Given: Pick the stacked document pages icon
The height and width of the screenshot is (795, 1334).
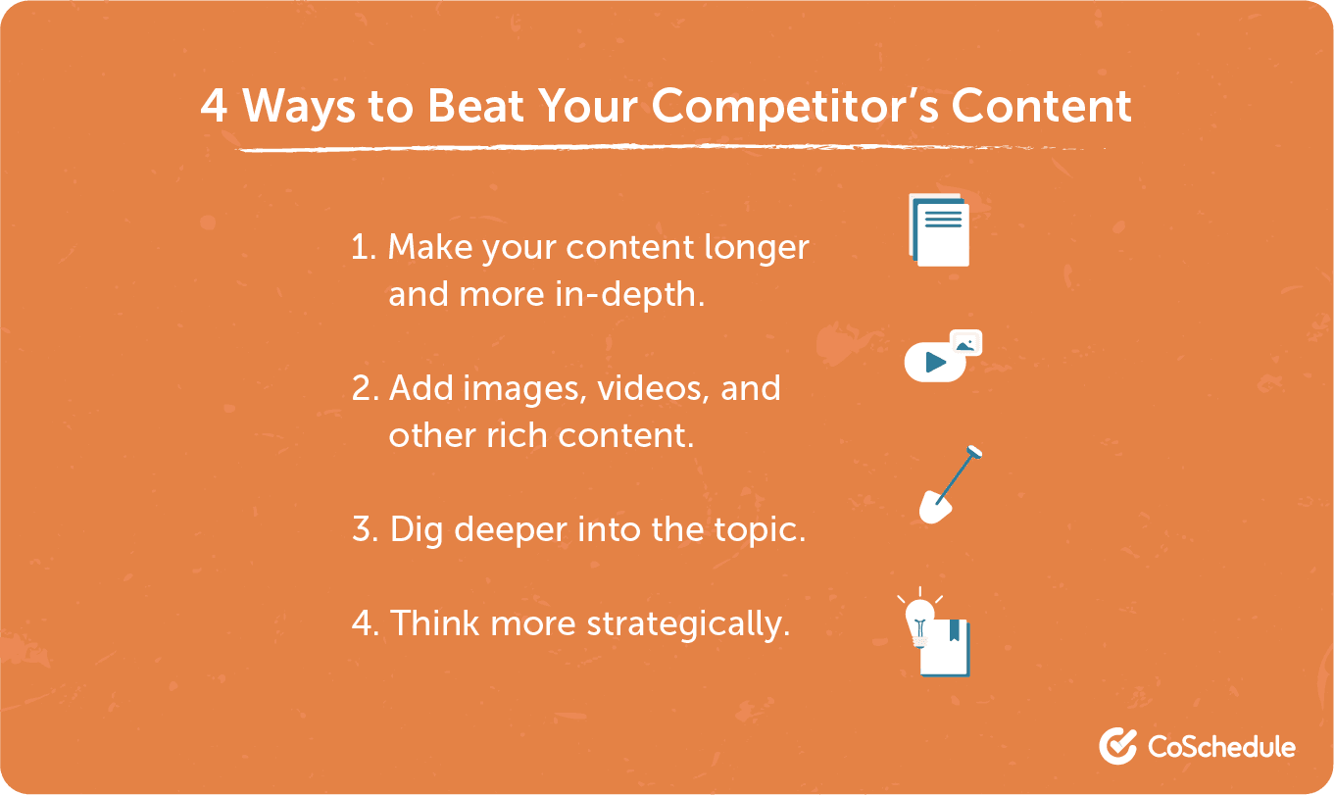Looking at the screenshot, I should [940, 230].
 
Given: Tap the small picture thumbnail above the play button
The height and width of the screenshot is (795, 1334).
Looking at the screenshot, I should [966, 342].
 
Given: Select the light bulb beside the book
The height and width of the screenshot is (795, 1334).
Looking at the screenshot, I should [918, 617].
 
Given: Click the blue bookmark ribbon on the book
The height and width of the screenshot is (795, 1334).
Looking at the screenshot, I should [954, 629].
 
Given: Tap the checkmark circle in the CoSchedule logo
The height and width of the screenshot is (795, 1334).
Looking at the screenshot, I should [1117, 746].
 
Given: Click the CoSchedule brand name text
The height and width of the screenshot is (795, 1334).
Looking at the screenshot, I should [1221, 747].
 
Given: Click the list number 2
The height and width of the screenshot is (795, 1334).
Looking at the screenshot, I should [364, 389].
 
